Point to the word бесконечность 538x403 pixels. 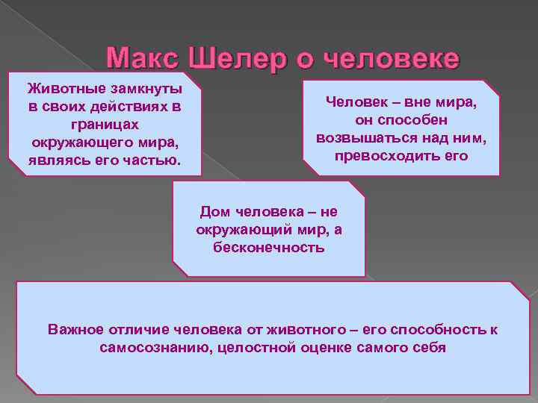[268, 247]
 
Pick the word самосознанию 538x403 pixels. [147, 347]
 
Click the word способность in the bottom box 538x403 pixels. [438, 329]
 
